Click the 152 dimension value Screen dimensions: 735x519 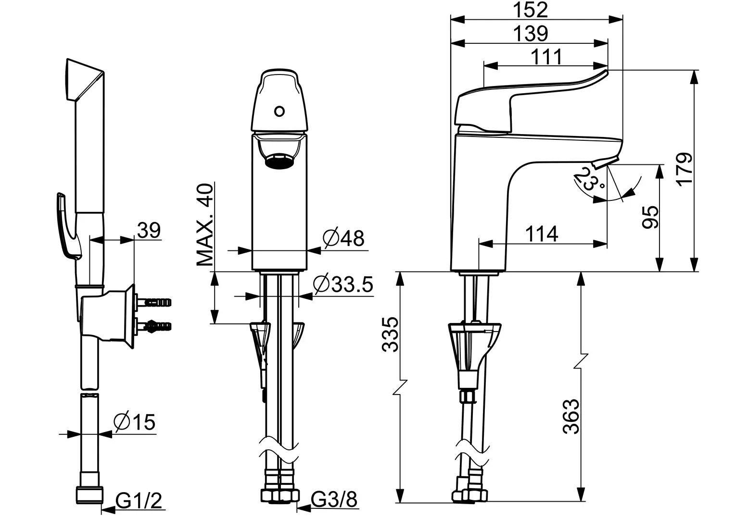(530, 10)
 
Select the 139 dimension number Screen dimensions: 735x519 (530, 34)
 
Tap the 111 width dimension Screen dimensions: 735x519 (546, 57)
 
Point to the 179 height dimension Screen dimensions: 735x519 (684, 169)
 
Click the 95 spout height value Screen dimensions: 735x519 (650, 217)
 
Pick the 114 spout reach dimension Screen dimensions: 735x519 (542, 234)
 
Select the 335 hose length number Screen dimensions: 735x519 (391, 334)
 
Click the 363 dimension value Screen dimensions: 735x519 (571, 416)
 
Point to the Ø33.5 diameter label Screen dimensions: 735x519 (343, 284)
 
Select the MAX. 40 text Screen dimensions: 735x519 (205, 224)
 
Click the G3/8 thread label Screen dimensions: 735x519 (334, 499)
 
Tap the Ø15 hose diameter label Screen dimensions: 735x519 (134, 422)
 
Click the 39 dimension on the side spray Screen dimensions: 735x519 (149, 230)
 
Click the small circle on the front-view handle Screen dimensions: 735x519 (279, 112)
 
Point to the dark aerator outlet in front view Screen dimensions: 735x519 (279, 161)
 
